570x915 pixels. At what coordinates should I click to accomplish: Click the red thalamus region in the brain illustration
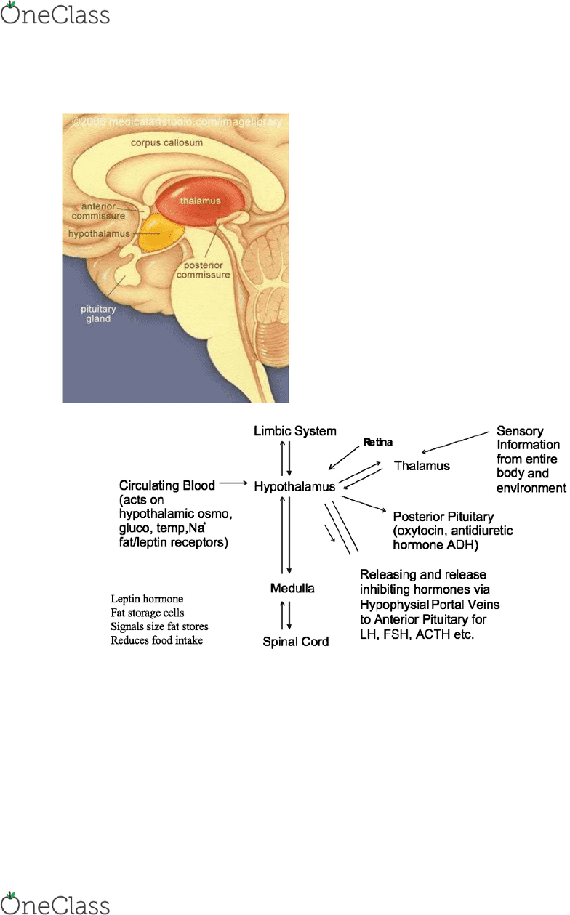200,201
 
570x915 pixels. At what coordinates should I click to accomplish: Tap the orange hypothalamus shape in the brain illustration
162,233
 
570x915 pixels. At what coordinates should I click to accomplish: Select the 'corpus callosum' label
166,142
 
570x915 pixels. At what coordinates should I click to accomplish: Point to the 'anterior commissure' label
98,211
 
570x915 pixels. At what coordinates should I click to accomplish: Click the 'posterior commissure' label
203,270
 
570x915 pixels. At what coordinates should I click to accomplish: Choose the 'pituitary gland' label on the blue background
98,314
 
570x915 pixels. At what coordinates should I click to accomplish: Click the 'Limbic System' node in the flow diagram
295,431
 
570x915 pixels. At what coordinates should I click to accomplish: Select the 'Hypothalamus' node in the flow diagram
294,486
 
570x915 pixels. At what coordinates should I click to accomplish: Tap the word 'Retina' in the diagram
378,442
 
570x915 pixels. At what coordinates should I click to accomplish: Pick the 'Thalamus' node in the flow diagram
422,466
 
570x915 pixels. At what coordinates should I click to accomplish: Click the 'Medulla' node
292,588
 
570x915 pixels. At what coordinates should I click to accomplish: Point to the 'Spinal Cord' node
296,642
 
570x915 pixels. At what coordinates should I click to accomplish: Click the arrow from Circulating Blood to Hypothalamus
233,483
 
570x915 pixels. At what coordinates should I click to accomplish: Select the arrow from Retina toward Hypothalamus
344,459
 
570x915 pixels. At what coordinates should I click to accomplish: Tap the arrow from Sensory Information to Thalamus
455,443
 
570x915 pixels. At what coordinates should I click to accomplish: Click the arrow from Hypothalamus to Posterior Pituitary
364,504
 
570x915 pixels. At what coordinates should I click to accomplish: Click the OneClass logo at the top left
55,14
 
